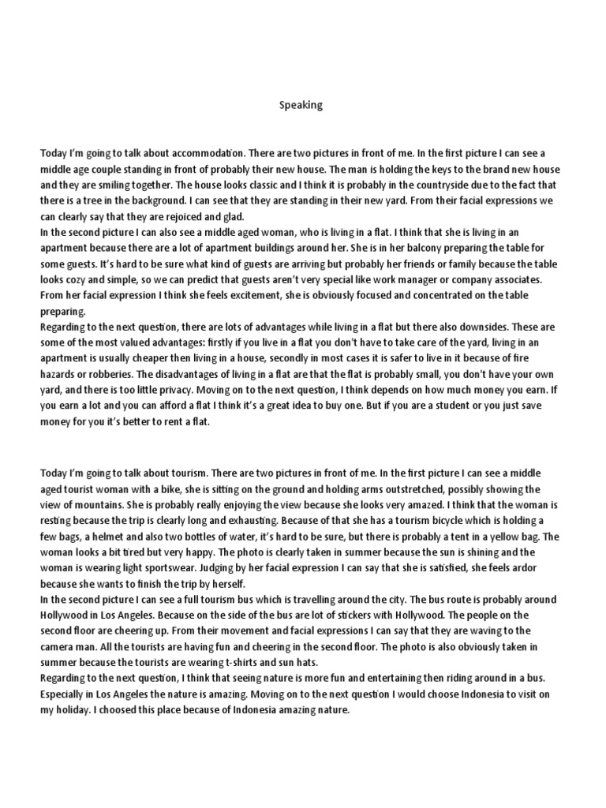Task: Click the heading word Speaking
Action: (301, 105)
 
